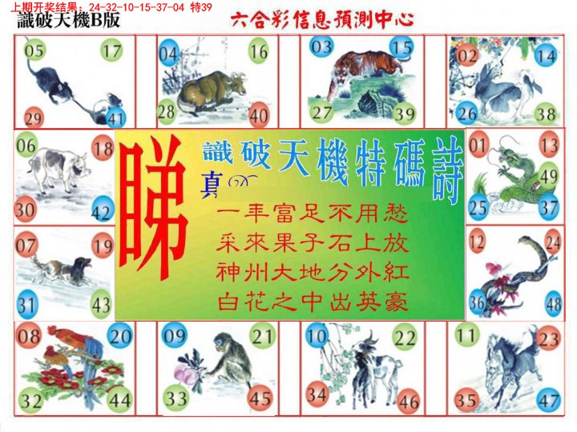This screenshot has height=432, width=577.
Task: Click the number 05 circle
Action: (x=34, y=54)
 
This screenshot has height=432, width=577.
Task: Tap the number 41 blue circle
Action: (x=116, y=119)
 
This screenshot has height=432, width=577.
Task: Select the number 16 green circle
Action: (x=258, y=54)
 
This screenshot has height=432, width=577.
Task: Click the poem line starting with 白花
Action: (x=312, y=302)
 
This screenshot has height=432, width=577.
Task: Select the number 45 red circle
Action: (x=260, y=398)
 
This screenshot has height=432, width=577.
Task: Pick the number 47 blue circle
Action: (x=550, y=399)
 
